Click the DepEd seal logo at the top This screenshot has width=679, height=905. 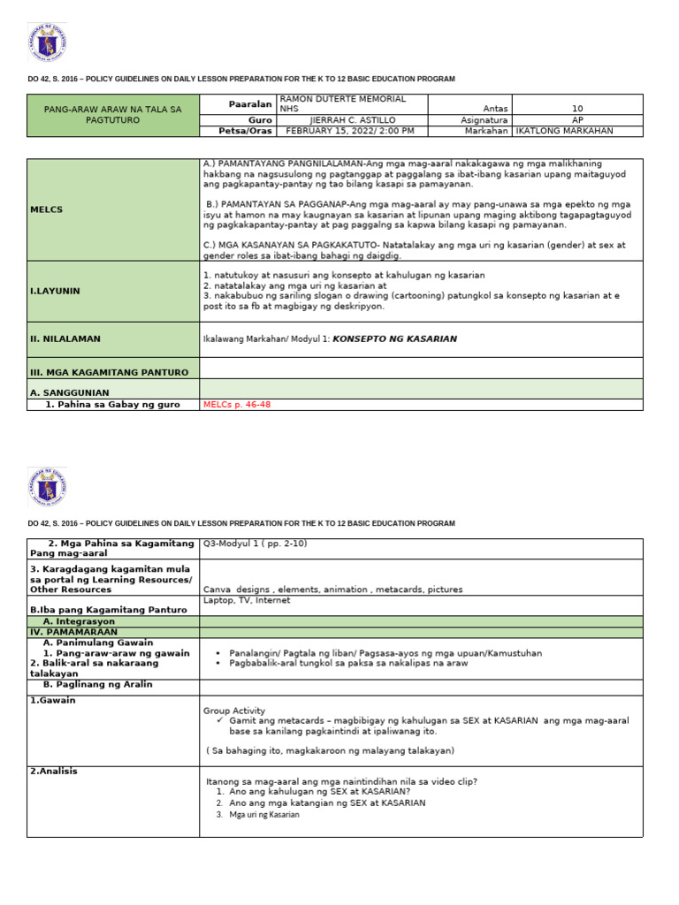point(47,42)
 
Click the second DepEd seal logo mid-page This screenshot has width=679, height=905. point(47,485)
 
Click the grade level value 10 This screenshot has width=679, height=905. point(577,109)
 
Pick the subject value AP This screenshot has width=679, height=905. point(577,119)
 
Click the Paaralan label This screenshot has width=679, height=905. point(248,104)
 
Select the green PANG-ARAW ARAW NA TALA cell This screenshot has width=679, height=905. point(112,115)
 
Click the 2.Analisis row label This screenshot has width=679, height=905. point(54,771)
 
